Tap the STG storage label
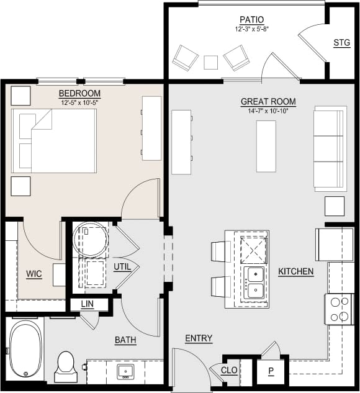(341, 43)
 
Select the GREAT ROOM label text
(268, 102)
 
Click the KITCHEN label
(295, 272)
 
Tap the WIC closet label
(34, 274)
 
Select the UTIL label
(122, 267)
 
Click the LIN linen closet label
(88, 304)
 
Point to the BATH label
(125, 340)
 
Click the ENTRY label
(199, 338)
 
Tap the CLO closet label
(228, 370)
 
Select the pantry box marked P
(271, 371)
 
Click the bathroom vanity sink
(126, 372)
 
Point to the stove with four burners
(338, 309)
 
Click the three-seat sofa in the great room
(329, 148)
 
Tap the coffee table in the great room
(266, 146)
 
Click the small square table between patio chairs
(211, 62)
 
